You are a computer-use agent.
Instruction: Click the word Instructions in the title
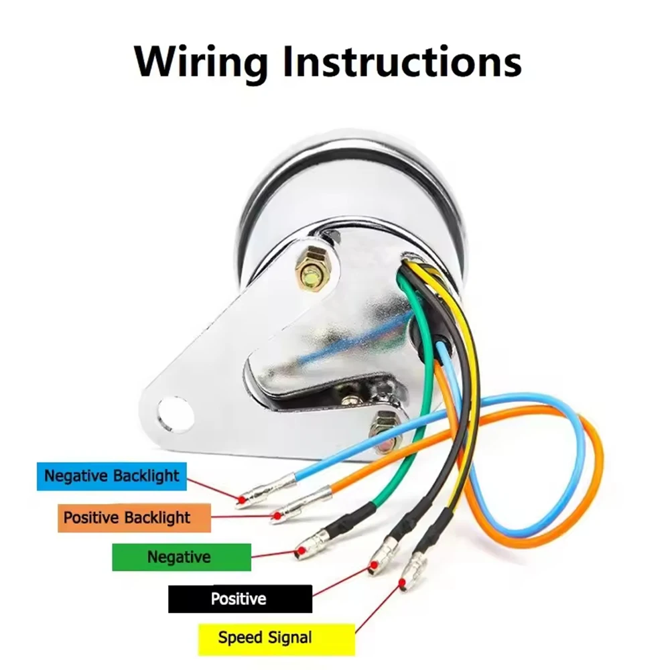tap(402, 62)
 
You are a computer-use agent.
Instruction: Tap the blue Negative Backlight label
tap(111, 476)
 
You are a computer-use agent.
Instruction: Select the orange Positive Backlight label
tap(134, 517)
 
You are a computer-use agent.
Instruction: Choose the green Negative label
tap(182, 557)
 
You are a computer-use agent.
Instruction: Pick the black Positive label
tap(240, 598)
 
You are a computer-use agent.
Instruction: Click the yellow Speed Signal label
tap(277, 638)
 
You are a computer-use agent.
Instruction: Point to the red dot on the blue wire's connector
tap(242, 499)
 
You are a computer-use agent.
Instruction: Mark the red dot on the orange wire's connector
tap(277, 516)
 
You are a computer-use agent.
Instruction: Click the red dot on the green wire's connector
tap(301, 551)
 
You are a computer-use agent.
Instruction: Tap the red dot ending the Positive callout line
tap(375, 565)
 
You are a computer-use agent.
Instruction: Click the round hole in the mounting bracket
tap(175, 413)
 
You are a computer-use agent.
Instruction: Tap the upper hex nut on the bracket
tap(311, 272)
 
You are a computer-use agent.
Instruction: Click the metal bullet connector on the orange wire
tap(301, 505)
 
